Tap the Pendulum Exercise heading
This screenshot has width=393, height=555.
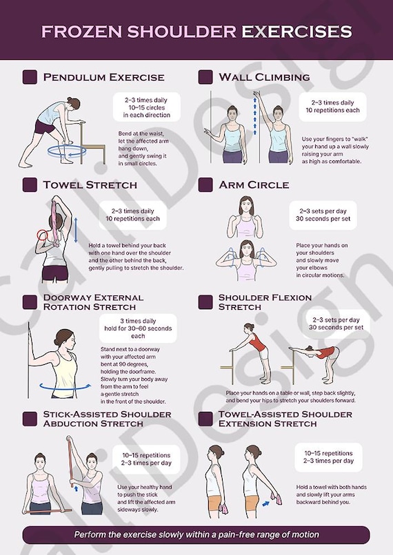pos(104,77)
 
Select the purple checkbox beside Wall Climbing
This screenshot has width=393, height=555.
pos(205,77)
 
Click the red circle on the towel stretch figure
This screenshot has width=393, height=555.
pos(42,234)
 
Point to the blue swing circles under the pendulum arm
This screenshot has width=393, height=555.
pos(67,151)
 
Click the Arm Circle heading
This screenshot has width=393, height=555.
pos(254,185)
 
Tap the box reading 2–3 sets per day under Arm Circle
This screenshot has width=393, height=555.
pos(323,216)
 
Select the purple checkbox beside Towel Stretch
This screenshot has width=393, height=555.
pos(30,185)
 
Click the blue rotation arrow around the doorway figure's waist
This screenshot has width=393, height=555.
pos(64,386)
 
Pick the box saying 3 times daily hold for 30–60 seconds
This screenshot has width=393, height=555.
pos(138,328)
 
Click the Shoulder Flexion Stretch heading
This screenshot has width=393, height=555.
pos(265,302)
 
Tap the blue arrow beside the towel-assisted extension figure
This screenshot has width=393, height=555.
pos(265,503)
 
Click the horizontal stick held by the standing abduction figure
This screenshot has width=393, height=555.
pos(48,511)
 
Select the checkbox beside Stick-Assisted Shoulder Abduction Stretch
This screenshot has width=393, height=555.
pos(30,419)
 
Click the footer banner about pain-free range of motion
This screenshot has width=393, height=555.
pos(196,535)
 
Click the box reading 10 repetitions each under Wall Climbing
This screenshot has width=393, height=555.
pos(332,107)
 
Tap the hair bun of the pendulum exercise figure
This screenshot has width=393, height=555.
pos(70,100)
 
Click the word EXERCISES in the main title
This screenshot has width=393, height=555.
pos(296,32)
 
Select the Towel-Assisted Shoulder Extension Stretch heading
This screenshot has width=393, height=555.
pos(285,419)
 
